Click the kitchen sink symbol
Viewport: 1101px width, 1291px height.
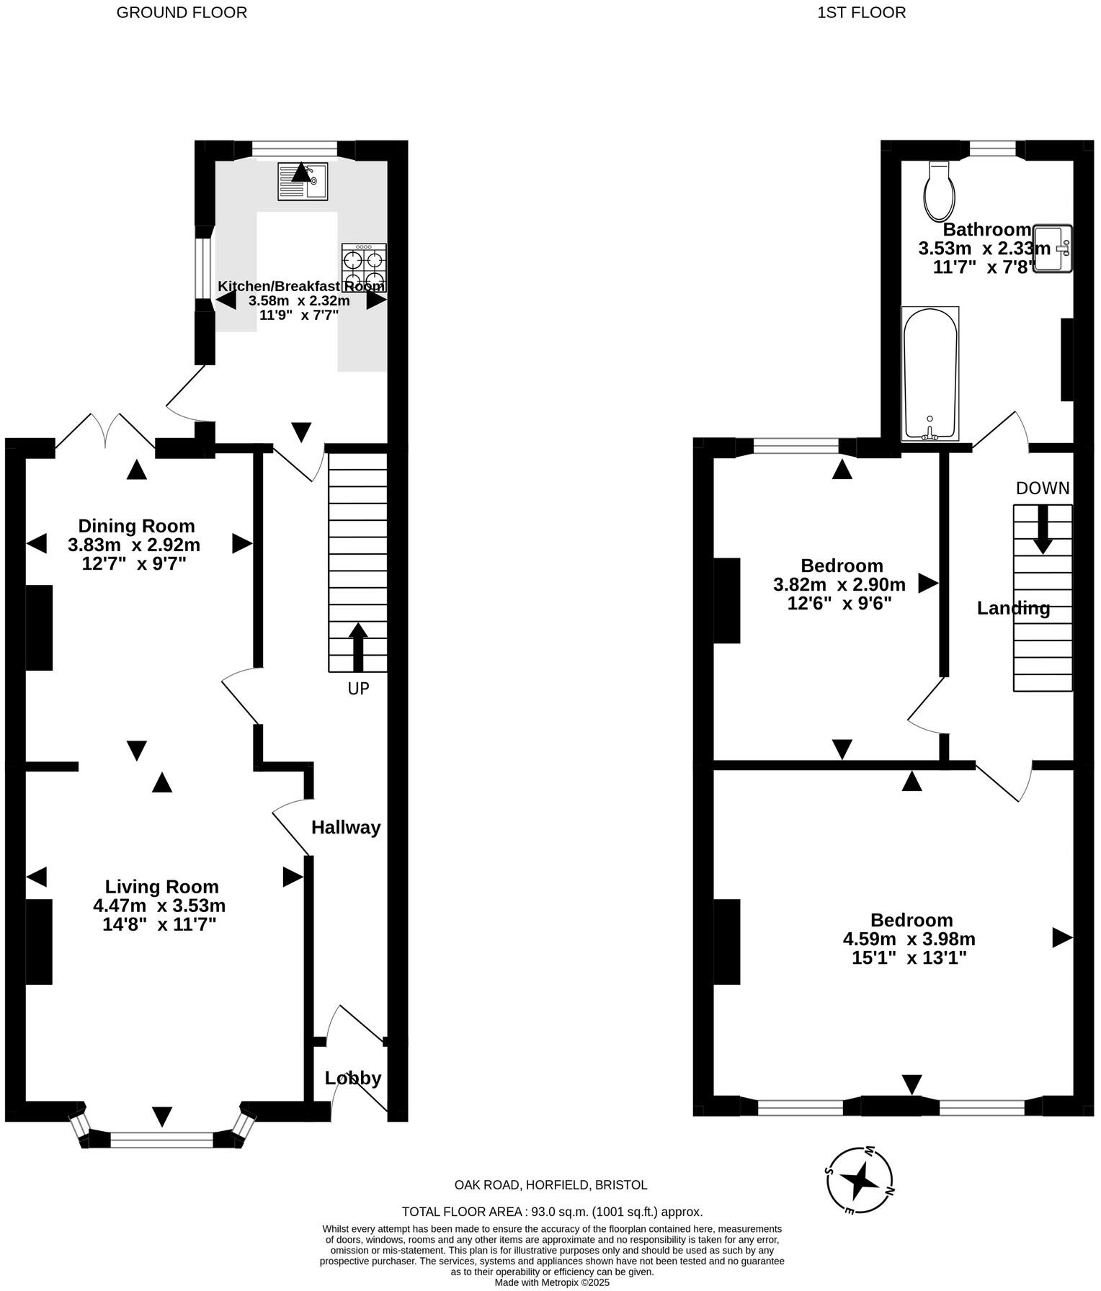pos(303,182)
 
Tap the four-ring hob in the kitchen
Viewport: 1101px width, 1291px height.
pos(364,267)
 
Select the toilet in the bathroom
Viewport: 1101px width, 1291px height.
pos(940,192)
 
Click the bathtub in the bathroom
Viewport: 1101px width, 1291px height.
pos(930,374)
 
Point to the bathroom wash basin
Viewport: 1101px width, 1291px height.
pos(1053,249)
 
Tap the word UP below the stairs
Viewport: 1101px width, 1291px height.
pos(358,689)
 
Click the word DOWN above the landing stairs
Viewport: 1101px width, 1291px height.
pos(1043,488)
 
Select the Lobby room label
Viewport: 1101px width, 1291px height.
pos(353,1078)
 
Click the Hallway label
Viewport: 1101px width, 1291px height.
pos(346,828)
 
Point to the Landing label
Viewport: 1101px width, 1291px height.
pos(1013,609)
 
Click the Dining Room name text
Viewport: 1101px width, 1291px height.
pos(136,526)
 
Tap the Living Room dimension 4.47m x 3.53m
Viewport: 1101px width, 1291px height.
pos(159,905)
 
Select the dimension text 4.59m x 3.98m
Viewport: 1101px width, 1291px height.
pos(909,939)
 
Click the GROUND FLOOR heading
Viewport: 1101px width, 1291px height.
pos(182,12)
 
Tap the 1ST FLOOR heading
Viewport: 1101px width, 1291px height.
pos(861,12)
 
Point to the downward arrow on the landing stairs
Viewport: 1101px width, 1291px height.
pos(1042,530)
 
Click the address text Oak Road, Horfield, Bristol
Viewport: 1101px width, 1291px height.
pos(550,1185)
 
